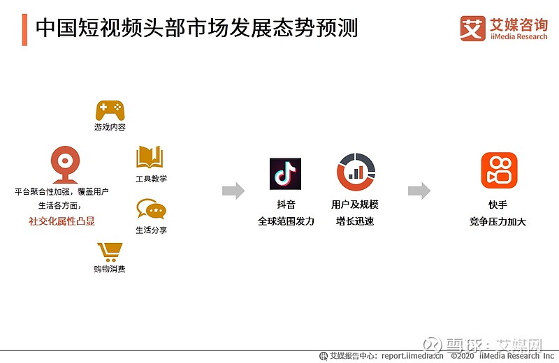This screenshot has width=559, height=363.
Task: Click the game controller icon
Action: click(110, 110)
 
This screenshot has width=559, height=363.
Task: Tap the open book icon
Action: click(150, 157)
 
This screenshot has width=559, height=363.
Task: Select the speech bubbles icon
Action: click(151, 209)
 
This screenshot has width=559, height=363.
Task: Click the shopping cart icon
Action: click(110, 252)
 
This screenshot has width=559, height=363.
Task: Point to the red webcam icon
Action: click(65, 165)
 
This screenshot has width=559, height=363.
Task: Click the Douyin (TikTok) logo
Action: click(285, 174)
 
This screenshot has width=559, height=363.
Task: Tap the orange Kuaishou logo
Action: click(499, 170)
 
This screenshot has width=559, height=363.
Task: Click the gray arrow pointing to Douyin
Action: click(233, 191)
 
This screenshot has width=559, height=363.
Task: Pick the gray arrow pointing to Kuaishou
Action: click(419, 191)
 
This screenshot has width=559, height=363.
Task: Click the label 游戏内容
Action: click(110, 127)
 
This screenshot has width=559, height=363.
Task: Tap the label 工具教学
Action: click(151, 179)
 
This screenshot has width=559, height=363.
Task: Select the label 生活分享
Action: click(151, 230)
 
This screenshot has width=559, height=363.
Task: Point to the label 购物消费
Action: click(110, 269)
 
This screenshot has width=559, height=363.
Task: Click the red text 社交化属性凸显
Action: click(61, 221)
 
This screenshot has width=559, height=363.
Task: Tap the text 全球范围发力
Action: click(286, 221)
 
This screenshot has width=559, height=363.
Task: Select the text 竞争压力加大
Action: click(498, 221)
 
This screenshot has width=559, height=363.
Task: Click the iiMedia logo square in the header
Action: click(473, 29)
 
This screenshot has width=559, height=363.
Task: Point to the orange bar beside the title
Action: click(24, 30)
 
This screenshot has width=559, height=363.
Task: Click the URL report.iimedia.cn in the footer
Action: click(412, 356)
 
